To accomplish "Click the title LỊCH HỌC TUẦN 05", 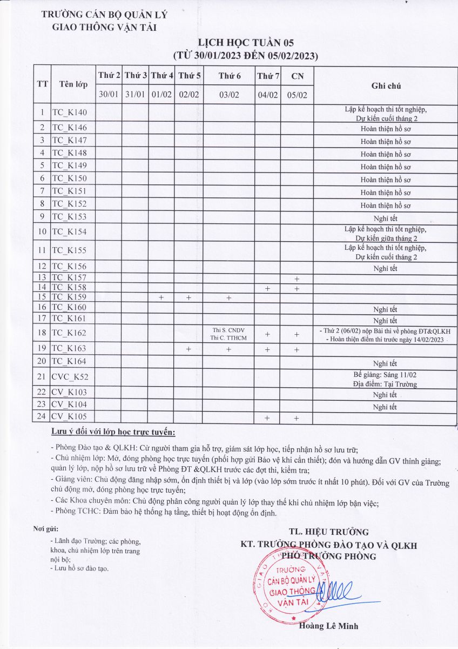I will (x=245, y=43).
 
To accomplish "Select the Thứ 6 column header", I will (x=230, y=76).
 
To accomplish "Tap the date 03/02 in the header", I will (x=230, y=95).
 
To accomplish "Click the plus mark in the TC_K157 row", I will (x=297, y=279).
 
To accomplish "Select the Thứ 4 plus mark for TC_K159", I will (x=161, y=297).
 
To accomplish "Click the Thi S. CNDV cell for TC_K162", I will (x=229, y=329).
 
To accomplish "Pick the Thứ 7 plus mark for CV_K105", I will (x=267, y=418).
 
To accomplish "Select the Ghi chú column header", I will (x=386, y=85).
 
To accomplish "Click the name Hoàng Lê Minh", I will (x=328, y=626).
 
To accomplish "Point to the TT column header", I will (x=42, y=85).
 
